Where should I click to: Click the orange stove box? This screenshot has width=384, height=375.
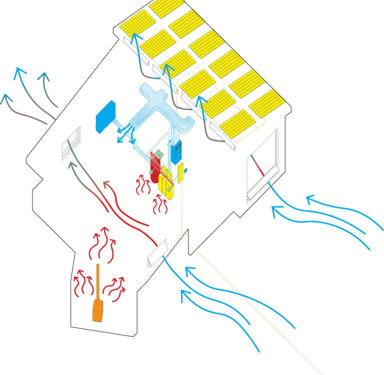click(98, 310)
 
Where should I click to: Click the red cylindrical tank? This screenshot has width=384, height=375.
click(155, 169)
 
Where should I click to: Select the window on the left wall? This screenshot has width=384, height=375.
click(71, 143)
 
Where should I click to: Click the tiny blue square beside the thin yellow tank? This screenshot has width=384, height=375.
click(185, 170)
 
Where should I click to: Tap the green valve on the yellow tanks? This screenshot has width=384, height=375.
click(169, 190)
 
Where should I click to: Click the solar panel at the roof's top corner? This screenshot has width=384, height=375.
click(168, 6)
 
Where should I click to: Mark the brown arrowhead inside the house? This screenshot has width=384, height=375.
click(106, 184)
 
